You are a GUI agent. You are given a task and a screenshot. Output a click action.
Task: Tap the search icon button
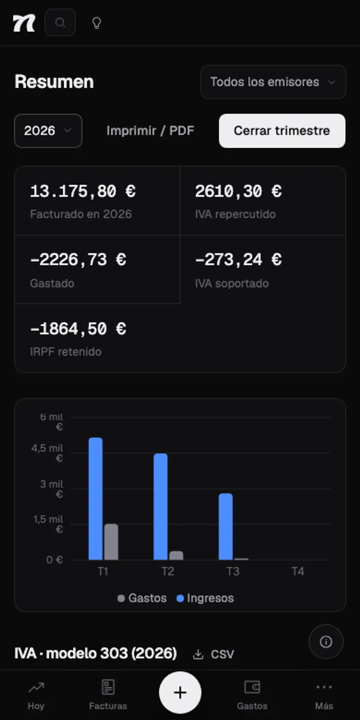[x=60, y=23]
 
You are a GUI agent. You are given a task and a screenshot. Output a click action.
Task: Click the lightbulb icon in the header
[x=97, y=23]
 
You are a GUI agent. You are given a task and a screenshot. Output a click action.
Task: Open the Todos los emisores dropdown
[x=273, y=82]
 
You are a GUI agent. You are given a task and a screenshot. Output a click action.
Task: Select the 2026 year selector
[x=48, y=131]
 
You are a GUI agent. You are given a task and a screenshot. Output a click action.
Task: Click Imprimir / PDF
[x=150, y=131]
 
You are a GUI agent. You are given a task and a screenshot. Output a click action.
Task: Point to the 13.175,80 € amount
[x=83, y=191]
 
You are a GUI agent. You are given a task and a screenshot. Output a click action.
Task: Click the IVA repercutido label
[x=235, y=214]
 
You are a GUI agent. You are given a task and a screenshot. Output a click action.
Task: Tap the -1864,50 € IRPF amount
[x=78, y=329]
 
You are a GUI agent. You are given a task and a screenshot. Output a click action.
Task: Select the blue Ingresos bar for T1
[x=96, y=498]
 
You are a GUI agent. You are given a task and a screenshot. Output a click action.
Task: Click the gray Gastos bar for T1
[x=111, y=542]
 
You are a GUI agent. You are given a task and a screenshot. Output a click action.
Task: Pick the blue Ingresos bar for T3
[x=226, y=527]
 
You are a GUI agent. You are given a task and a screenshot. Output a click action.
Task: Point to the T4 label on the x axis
[x=298, y=571]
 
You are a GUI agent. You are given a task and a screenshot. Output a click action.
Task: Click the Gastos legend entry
[x=142, y=598]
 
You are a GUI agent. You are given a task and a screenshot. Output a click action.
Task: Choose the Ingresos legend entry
[x=205, y=598]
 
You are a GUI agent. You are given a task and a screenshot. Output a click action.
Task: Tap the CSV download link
[x=213, y=654]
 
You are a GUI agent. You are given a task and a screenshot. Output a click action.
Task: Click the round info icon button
[x=326, y=642]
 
